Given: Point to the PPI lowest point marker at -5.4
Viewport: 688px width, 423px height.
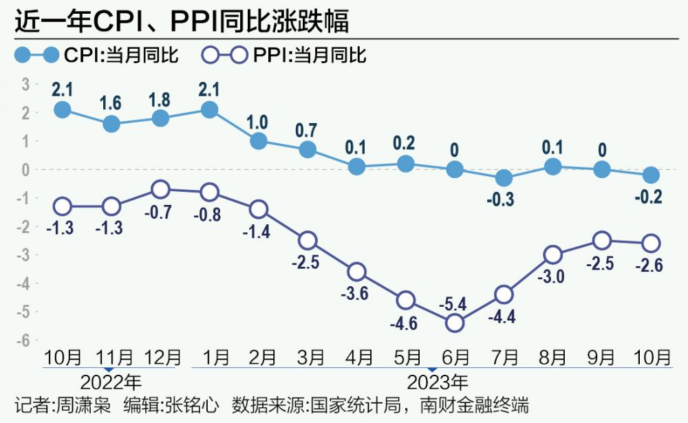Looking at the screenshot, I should [x=455, y=322].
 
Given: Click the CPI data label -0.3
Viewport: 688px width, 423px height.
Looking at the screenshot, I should [x=504, y=200].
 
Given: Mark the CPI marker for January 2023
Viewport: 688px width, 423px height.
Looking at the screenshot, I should [x=209, y=109].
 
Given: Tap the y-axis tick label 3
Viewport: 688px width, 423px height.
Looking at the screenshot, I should [x=26, y=84].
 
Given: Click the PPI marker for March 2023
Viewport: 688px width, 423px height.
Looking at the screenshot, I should [x=308, y=240].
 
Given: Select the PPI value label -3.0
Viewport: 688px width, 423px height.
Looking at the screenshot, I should [x=555, y=276].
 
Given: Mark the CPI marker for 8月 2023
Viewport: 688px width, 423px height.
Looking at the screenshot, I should [x=553, y=166].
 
